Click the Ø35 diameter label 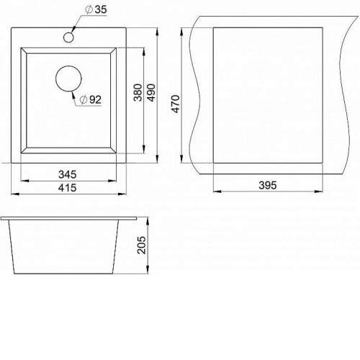(x=96, y=9)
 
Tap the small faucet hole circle (x=68, y=37)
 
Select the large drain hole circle (x=68, y=78)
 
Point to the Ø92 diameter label (x=91, y=99)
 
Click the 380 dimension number (x=138, y=92)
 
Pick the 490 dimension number (x=151, y=92)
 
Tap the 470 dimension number (x=176, y=104)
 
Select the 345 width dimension (x=68, y=174)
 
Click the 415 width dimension (x=68, y=188)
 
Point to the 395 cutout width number (x=268, y=185)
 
